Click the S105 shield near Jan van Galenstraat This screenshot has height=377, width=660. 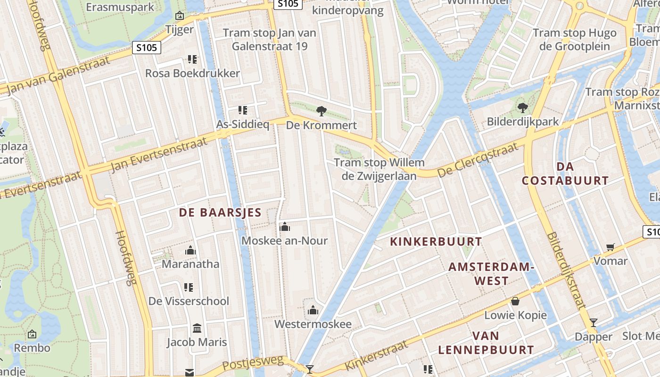147,48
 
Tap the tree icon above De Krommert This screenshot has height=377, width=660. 322,111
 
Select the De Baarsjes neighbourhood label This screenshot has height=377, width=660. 220,213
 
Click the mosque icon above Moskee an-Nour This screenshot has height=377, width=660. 284,227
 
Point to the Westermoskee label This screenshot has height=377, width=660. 313,324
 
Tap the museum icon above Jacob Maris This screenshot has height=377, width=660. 197,328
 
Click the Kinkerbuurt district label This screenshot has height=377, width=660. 436,242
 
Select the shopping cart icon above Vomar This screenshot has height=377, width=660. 610,247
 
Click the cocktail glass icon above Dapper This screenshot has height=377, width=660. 594,323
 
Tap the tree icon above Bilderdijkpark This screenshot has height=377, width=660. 522,108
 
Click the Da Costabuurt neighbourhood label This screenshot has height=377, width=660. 565,173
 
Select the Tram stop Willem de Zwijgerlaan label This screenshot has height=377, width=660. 379,169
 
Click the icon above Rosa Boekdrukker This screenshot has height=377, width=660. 192,59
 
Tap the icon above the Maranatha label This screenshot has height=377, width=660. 190,250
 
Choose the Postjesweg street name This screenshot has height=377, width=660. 253,363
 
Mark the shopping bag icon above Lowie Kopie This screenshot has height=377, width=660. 515,301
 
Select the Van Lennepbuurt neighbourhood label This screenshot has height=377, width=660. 486,343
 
